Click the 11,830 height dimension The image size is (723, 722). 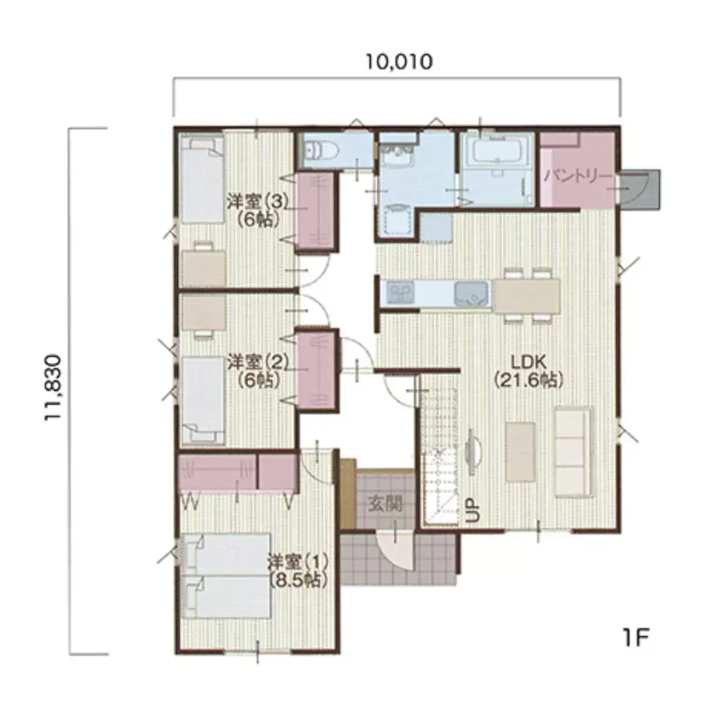point(52,388)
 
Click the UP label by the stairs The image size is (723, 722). point(474,510)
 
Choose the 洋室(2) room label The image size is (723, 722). point(258,362)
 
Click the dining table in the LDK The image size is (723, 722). point(526,296)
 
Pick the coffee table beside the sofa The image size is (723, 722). point(520,451)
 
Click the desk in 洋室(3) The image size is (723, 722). point(204,268)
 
